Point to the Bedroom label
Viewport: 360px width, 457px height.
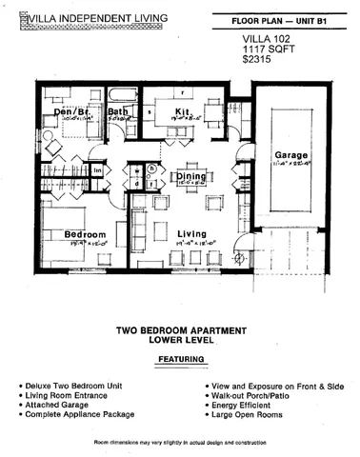(57, 234)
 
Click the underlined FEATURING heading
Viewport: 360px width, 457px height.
(180, 359)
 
